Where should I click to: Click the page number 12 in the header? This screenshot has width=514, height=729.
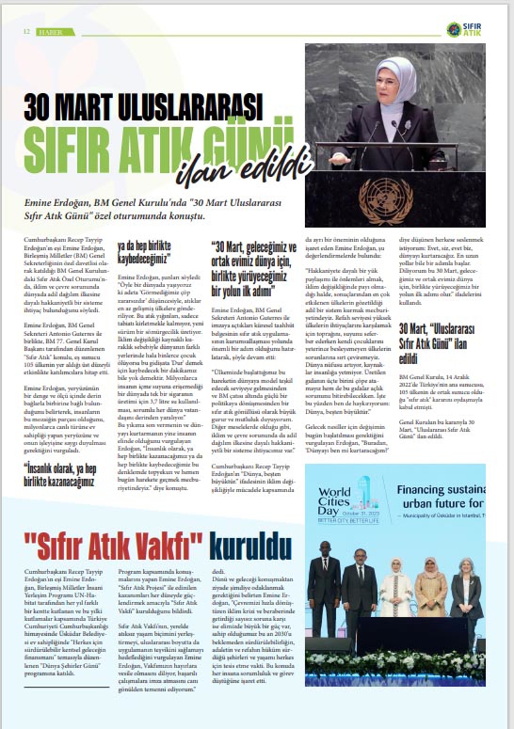point(27,31)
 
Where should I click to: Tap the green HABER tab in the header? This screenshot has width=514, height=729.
point(55,31)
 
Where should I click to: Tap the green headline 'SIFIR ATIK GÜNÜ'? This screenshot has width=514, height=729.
point(157,141)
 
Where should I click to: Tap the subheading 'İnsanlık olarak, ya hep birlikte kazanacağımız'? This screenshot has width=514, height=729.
point(59,474)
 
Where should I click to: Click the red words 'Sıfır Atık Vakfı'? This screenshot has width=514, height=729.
point(113,547)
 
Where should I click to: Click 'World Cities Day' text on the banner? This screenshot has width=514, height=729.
point(335,501)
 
